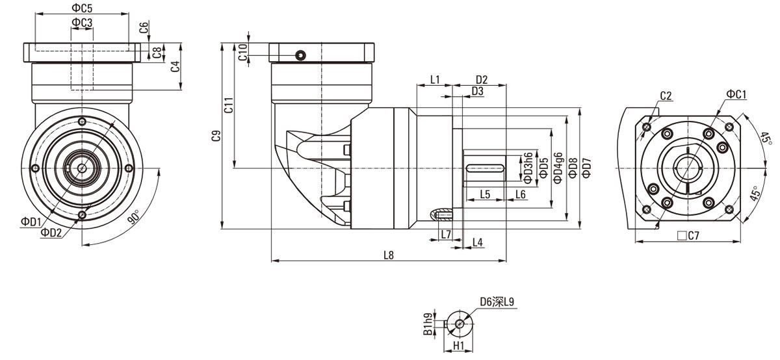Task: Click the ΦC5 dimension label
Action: click(x=82, y=8)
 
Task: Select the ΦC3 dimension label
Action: click(x=82, y=23)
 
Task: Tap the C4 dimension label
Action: click(x=175, y=66)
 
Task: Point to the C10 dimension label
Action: click(x=242, y=53)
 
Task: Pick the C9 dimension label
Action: click(x=217, y=136)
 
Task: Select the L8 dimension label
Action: click(x=389, y=255)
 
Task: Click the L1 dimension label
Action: click(x=435, y=80)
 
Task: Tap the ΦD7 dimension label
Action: click(x=586, y=167)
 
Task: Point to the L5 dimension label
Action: click(x=485, y=194)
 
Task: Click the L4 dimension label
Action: click(x=478, y=242)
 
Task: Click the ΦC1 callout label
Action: click(x=736, y=95)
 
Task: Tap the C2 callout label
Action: click(x=666, y=96)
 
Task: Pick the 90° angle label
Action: click(x=133, y=218)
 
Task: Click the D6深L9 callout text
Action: click(x=497, y=302)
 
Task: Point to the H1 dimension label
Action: click(x=458, y=347)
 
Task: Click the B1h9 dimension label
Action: click(x=427, y=325)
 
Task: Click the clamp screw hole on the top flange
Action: click(x=300, y=55)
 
